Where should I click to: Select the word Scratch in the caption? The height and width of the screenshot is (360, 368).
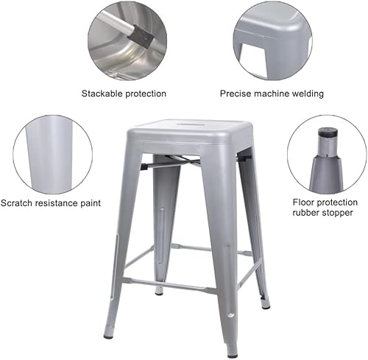(17, 202)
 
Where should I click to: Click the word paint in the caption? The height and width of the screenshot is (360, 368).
(88, 202)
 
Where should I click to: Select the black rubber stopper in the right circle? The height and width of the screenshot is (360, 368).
(327, 135)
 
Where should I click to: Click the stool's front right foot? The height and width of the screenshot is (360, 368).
(232, 353)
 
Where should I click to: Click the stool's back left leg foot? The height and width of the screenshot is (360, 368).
(158, 292)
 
